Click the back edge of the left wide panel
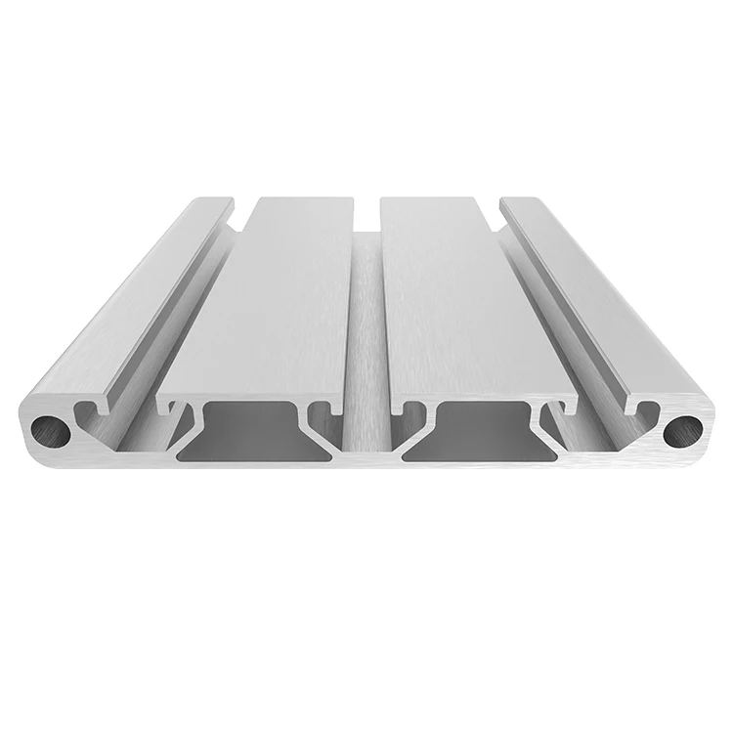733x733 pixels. (x=303, y=198)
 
